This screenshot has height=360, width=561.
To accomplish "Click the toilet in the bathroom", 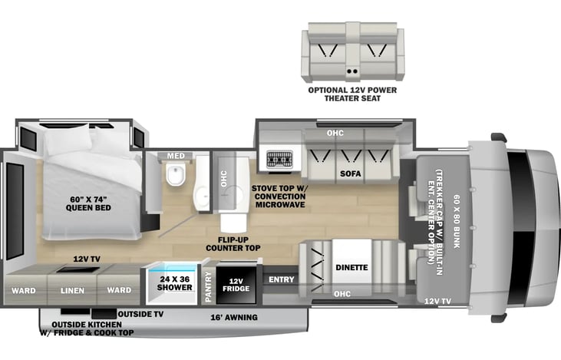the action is [176, 173].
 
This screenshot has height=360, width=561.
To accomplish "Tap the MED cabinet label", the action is [176, 156].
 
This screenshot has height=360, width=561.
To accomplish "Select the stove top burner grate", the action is [280, 159].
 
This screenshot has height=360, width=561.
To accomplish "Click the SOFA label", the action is [351, 173].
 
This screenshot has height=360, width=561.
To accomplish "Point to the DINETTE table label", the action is [351, 267].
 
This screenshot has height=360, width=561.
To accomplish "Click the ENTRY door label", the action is [282, 279].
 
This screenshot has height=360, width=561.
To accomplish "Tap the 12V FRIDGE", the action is [236, 285].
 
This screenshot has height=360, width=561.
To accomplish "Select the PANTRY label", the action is [208, 286].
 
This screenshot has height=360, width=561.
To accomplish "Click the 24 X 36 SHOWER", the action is [175, 284].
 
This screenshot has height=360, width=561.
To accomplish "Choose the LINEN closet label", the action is [72, 291].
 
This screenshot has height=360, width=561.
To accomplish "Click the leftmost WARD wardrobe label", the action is [24, 291].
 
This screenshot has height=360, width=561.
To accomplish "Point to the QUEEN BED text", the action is [88, 208].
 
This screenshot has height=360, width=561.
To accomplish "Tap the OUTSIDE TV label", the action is [140, 314].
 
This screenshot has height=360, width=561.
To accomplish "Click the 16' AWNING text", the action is [234, 318].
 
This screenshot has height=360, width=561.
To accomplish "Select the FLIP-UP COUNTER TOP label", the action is [233, 244].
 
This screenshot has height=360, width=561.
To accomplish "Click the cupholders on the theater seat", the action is [352, 71].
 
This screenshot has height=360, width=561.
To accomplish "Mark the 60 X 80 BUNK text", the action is [457, 222].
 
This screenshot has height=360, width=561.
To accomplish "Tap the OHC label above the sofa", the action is [335, 133].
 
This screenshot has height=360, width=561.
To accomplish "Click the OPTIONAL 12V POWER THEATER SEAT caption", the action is [352, 94].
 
